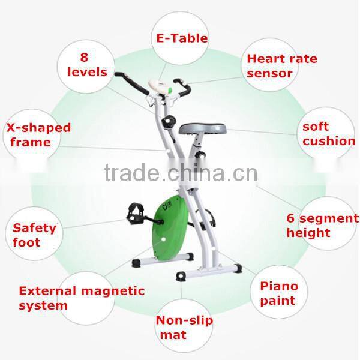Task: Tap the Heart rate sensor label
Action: coord(281,66)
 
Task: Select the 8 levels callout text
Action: coord(86,65)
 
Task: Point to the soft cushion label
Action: coord(328,134)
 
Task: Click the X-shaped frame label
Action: coord(38,134)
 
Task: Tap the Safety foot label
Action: coord(34,235)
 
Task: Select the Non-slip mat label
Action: coord(184,327)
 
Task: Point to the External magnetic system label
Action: coord(82,298)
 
